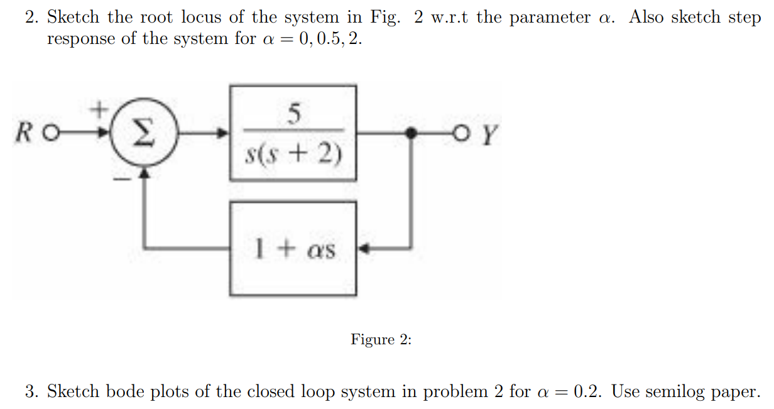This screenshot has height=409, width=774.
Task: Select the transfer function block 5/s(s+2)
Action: click(293, 133)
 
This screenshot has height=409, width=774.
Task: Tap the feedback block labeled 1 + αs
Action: click(293, 249)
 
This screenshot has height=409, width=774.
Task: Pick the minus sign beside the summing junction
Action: click(124, 179)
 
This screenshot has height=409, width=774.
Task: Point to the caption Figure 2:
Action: click(381, 340)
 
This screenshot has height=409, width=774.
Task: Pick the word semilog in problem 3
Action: click(678, 392)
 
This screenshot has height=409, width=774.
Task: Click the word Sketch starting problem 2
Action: click(74, 18)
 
